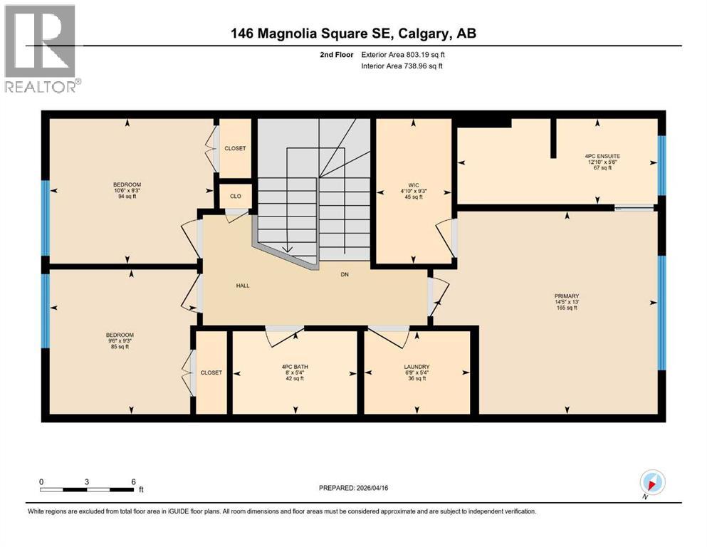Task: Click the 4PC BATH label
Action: point(293,367)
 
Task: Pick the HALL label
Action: point(243,286)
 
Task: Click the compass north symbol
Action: point(652,482)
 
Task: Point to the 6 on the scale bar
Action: point(132,481)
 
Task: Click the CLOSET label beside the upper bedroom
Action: point(235,149)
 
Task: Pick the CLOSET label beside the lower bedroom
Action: point(211,373)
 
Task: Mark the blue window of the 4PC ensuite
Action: point(661,165)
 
